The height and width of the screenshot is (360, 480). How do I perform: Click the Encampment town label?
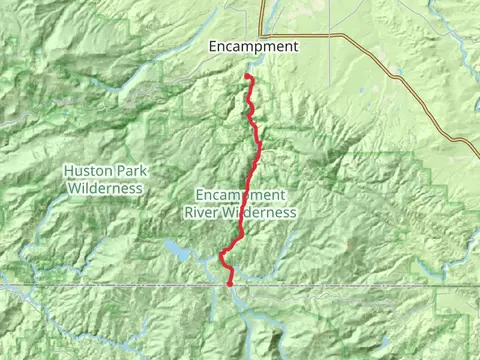coord(253,46)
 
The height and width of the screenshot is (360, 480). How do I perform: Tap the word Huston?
coord(85,170)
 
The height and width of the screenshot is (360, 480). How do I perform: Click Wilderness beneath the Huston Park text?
coord(105,187)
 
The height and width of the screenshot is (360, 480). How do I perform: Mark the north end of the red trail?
coord(247,77)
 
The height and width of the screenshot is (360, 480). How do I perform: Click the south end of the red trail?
coord(230,284)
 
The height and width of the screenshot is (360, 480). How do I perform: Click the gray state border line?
coord(100,286)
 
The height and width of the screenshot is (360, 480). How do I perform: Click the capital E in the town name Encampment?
coord(213,46)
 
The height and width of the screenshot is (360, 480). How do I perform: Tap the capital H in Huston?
coord(68,170)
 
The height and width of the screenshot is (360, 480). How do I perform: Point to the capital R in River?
coord(189,212)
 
